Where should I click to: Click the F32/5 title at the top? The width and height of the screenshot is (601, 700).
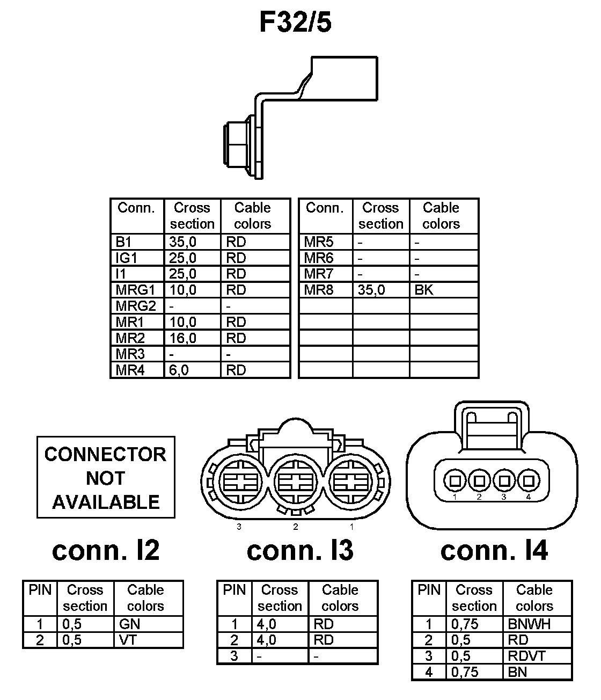pos(295,23)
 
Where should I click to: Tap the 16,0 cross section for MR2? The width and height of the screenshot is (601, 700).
pos(183,338)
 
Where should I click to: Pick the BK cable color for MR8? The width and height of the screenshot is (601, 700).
pos(424,290)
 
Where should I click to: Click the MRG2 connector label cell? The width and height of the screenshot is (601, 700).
pos(136,306)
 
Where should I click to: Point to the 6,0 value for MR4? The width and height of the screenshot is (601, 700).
pos(179,370)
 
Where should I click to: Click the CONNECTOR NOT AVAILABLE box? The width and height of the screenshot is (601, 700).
pos(106,477)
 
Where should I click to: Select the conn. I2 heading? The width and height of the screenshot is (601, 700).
pos(106,550)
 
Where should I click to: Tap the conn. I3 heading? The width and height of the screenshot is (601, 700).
pos(300,550)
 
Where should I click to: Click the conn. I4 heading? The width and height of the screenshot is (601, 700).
pos(494,550)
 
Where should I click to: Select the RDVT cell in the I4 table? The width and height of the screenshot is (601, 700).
pos(526,656)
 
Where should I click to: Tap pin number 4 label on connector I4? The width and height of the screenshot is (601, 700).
pos(529,497)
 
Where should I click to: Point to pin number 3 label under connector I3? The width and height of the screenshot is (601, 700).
pos(239,527)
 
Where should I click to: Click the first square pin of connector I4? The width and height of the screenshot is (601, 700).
pos(455,480)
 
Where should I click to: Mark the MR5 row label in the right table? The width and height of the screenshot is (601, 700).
pos(319,242)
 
